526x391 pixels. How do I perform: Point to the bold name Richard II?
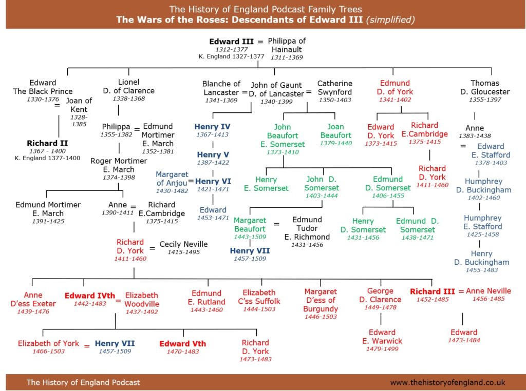(47, 143)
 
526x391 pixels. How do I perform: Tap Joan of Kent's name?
(79, 105)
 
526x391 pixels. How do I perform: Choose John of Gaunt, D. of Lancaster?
(276, 89)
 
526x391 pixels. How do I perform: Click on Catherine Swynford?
(335, 88)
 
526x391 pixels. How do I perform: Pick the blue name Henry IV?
(213, 127)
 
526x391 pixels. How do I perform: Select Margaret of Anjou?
(172, 179)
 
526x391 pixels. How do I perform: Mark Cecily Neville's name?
(183, 244)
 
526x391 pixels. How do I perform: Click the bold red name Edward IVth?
(89, 296)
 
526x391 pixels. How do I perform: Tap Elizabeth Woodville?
(142, 300)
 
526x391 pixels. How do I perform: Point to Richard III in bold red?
(433, 291)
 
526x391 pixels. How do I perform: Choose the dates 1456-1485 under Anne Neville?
(489, 299)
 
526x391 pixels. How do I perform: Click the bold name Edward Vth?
(182, 344)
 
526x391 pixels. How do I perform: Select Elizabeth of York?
(48, 343)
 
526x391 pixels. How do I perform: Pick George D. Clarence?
(381, 295)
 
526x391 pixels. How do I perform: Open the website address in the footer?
(447, 382)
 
